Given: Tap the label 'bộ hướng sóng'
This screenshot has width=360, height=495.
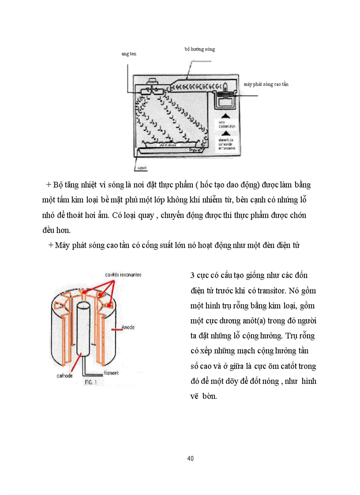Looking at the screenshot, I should (x=199, y=49).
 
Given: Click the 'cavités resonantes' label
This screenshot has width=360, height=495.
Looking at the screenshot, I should (x=123, y=275).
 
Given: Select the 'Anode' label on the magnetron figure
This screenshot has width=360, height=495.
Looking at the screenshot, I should (x=129, y=328).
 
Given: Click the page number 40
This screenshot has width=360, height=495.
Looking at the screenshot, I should (x=190, y=458).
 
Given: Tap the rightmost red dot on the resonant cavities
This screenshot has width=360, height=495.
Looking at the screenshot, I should (x=108, y=303).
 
